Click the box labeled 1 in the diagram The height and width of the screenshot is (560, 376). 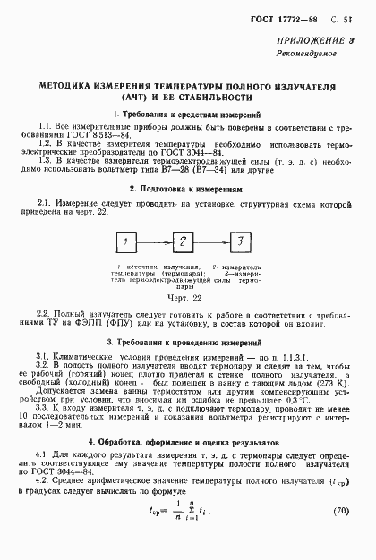tap(128, 243)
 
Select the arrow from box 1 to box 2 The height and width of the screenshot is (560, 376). tap(155, 243)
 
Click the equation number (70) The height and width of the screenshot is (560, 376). tap(346, 537)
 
